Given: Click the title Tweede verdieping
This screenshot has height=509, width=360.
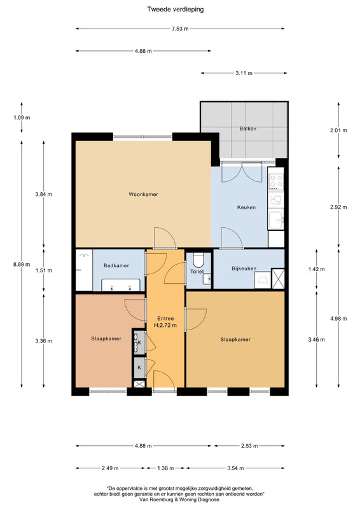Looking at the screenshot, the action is point(176,9).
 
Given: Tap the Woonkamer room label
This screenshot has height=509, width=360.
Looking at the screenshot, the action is point(143,195).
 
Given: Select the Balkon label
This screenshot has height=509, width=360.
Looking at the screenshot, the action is point(248,129).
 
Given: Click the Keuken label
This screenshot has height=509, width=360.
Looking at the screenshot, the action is point(246,207).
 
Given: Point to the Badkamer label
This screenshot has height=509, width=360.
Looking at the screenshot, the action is point(116,265).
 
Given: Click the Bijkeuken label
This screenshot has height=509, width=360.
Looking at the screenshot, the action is point(244,268).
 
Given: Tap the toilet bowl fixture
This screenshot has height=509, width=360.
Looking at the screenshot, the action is point(198,260).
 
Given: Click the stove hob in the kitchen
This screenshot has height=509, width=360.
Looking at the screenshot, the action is point(276,182).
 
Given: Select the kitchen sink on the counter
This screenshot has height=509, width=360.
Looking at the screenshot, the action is point(276,220).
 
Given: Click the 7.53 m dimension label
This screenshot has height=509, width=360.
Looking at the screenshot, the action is point(180,29).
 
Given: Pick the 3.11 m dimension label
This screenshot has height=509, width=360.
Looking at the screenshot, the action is point(244,73).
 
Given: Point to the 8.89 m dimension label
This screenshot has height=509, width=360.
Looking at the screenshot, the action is point(22,264).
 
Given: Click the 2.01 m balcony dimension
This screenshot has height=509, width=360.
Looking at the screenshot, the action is point(338,130).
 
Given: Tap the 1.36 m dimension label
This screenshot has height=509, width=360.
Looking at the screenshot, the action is point(165,468).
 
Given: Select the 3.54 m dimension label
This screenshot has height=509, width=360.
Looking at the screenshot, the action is point(235,468).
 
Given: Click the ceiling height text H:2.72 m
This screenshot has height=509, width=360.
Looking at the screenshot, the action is point(165,325).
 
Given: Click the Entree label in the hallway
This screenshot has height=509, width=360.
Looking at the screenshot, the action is point(165,319).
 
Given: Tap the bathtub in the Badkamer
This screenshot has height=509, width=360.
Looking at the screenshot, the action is point(121,285).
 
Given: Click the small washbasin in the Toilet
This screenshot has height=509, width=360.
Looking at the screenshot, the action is point(207,279).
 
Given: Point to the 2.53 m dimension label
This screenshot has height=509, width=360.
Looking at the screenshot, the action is point(249,446).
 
